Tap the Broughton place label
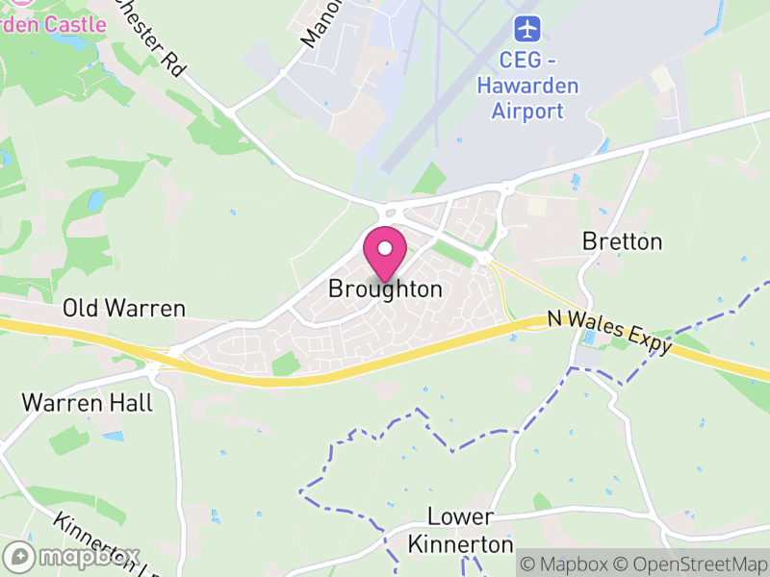click(x=385, y=288)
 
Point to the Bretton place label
click(x=623, y=241)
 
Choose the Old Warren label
click(x=124, y=309)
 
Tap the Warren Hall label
click(x=88, y=402)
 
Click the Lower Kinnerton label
click(x=461, y=531)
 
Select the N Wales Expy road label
click(x=608, y=333)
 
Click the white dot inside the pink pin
click(x=385, y=248)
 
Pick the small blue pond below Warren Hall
click(x=114, y=436)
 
